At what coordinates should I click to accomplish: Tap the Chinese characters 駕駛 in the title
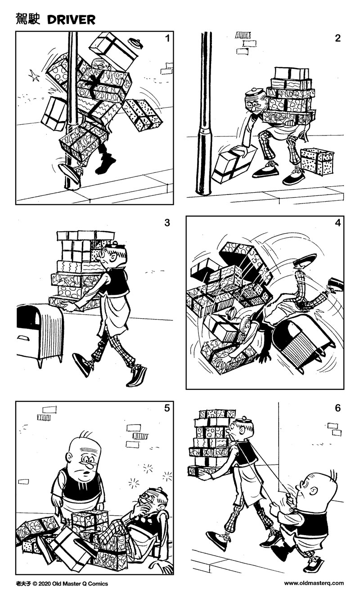[x=28, y=19]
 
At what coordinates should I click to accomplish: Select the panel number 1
[x=167, y=39]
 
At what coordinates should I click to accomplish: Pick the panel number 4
[x=337, y=223]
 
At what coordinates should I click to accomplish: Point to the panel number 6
[x=337, y=408]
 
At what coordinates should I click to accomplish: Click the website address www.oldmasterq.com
[x=314, y=583]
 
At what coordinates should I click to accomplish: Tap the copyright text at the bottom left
[x=62, y=583]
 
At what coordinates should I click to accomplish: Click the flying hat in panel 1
[x=135, y=44]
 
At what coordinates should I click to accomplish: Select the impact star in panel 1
[x=33, y=76]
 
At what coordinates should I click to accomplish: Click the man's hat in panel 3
[x=116, y=246]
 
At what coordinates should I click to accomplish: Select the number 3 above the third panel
[x=167, y=223]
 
